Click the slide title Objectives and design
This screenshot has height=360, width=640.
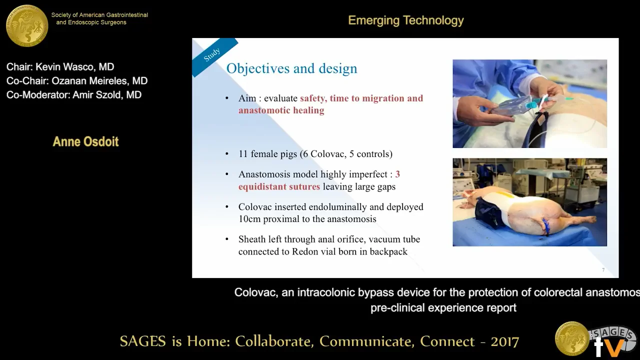coord(291,68)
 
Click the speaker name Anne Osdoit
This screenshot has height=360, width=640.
coord(85,141)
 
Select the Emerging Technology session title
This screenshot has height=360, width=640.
coord(405,20)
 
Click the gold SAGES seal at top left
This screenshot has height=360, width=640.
coord(27,25)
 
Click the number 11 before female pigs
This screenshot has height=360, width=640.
coord(243,154)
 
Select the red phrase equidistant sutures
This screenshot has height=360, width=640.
coord(279,186)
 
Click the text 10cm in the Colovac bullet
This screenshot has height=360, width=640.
coord(248,219)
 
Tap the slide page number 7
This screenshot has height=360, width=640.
coord(603,270)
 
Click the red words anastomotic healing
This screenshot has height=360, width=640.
coord(281,110)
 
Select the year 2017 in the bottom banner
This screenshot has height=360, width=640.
coord(504,341)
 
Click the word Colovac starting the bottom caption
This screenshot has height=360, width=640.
coord(255,292)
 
